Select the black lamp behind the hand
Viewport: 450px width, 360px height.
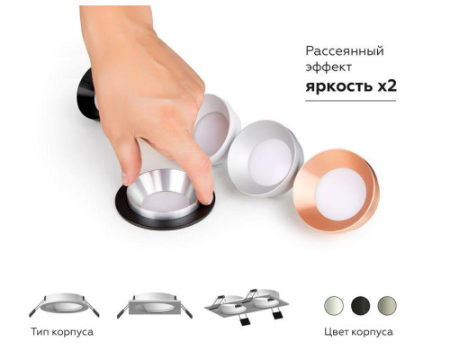(x=87, y=94)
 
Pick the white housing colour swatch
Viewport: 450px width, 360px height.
(x=335, y=303)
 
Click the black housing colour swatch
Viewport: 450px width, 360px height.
(x=360, y=303)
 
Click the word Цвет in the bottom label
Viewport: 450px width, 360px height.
(x=339, y=332)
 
